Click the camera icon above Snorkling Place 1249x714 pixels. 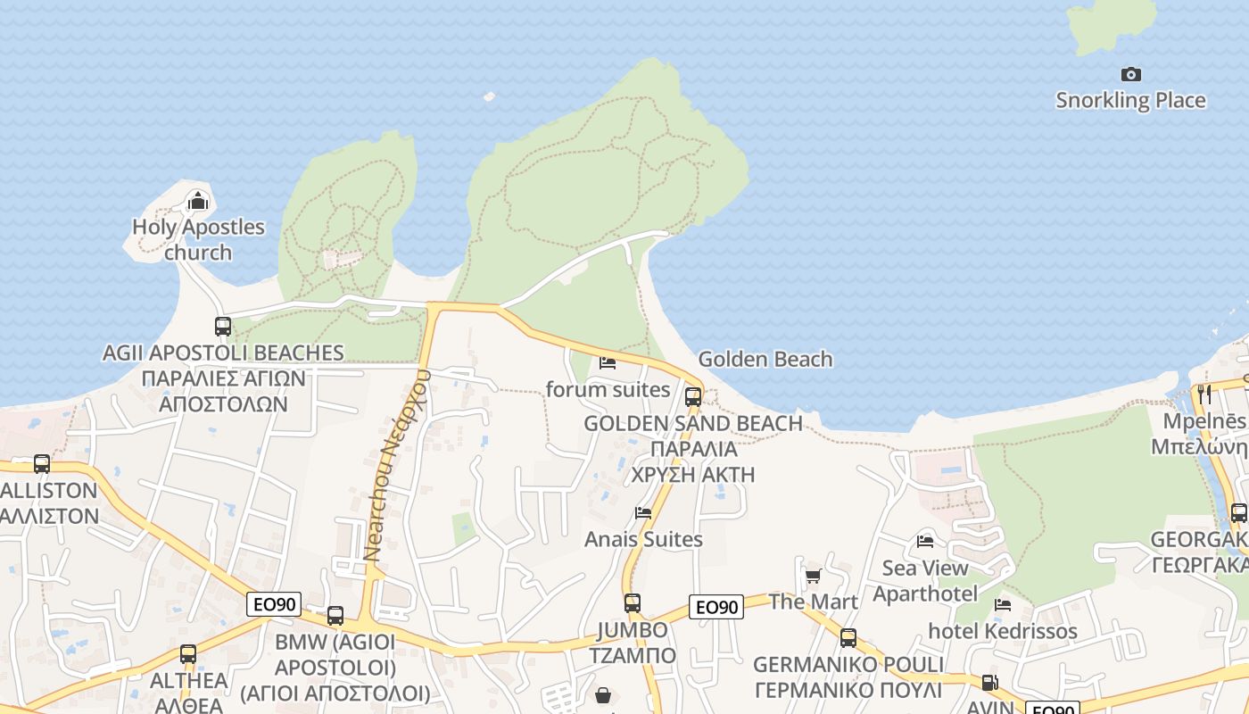(x=1130, y=74)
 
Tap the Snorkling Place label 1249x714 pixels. (x=1130, y=100)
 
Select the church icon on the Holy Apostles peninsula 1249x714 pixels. (x=197, y=201)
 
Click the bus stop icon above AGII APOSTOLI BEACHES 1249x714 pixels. (x=223, y=327)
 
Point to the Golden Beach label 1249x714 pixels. (x=765, y=359)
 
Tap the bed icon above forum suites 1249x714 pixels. (x=608, y=363)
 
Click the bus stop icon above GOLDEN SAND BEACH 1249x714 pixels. (x=693, y=397)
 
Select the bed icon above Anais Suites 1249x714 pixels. (x=642, y=513)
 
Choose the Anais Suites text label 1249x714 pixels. (x=643, y=539)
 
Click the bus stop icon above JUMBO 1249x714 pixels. (x=633, y=602)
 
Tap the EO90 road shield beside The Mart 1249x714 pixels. (x=715, y=608)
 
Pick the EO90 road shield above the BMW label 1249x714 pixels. (x=274, y=604)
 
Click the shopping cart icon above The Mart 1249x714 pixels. (x=813, y=576)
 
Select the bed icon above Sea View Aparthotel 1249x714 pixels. (x=925, y=542)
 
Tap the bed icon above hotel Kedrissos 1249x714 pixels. (x=1003, y=605)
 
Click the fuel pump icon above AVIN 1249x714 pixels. (x=989, y=683)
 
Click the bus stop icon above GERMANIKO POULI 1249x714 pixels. (x=848, y=638)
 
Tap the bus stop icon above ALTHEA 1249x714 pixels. (x=188, y=654)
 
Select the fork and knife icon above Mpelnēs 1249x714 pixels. (x=1204, y=394)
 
